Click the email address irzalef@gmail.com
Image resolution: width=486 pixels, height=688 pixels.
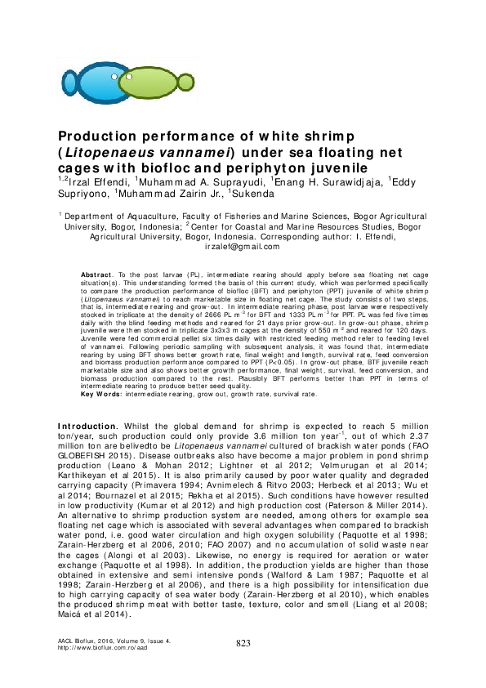243,246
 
